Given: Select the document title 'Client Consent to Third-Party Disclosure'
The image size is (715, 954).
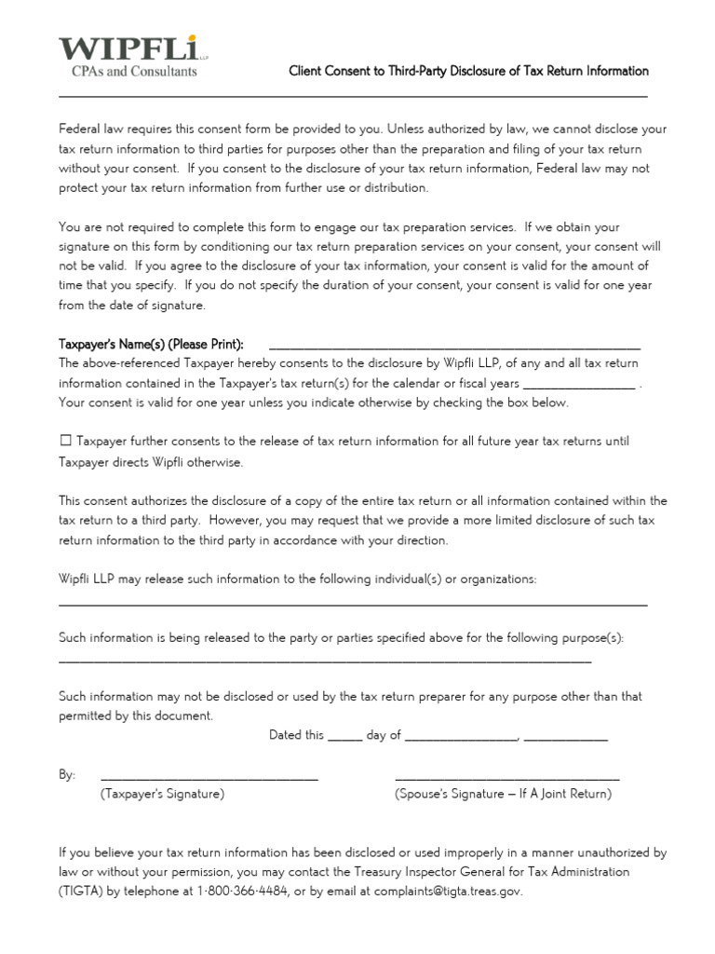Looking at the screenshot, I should point(468,71).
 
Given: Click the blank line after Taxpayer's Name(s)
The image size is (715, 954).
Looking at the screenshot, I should point(453,347).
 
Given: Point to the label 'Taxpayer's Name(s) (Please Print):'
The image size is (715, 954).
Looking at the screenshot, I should point(151,345).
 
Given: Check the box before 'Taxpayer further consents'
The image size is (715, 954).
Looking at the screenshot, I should point(65,441).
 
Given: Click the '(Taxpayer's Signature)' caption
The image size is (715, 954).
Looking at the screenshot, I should point(163,795).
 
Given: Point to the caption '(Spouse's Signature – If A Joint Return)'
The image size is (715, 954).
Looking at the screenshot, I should point(504,795).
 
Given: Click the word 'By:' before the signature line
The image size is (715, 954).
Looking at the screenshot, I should point(67,775).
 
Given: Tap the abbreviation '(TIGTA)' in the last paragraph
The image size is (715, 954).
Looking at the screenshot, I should point(80,892).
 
